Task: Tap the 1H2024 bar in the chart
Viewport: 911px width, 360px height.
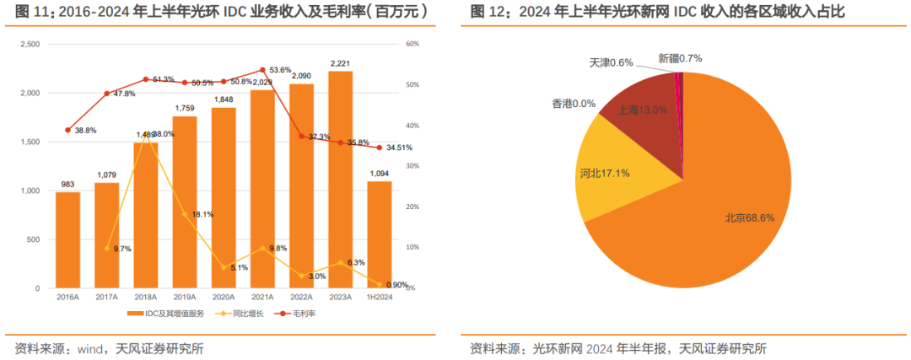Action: pos(379,235)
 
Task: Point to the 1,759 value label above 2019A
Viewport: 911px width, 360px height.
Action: pos(185,108)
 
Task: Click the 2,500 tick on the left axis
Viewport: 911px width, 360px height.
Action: pos(28,44)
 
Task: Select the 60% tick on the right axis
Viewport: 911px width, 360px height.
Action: pos(412,44)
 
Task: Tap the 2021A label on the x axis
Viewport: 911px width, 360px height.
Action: pos(262,298)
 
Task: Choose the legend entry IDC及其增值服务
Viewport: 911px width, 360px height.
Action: pos(168,314)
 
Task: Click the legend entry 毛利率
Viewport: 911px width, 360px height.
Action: pos(303,314)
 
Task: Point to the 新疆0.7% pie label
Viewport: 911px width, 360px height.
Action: pos(680,58)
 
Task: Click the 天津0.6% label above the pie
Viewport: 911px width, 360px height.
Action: pos(611,62)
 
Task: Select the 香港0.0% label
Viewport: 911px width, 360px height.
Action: pos(574,104)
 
